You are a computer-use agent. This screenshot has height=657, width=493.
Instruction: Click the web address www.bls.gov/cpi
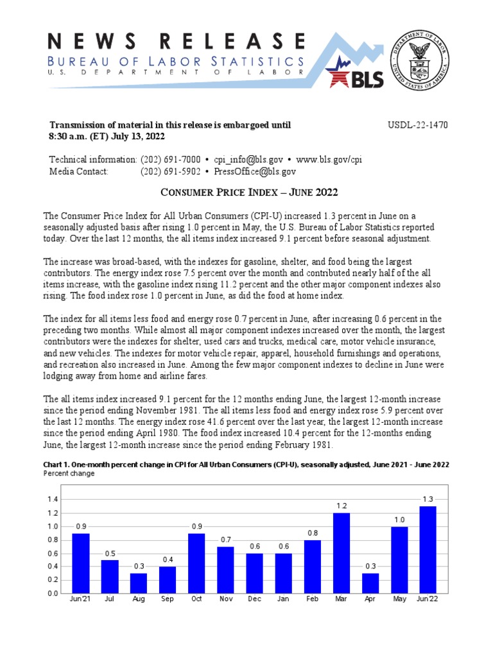tap(329, 159)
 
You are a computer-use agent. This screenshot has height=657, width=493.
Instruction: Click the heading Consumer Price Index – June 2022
tap(248, 192)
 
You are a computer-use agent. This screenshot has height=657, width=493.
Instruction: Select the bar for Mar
tap(342, 553)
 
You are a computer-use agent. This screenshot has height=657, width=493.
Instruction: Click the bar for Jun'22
tap(428, 550)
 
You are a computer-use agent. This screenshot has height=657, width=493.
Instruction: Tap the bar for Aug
tap(139, 583)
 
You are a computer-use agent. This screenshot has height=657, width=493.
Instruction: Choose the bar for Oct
tap(196, 563)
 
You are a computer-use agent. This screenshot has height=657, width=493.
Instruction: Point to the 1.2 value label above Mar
tap(342, 506)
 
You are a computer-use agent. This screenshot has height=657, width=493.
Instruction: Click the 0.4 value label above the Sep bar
tap(168, 560)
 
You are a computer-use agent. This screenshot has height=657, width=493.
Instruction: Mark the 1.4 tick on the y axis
tap(53, 500)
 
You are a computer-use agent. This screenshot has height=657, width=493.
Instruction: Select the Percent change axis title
tap(69, 474)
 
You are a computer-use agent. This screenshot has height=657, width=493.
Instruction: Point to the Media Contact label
tap(79, 171)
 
